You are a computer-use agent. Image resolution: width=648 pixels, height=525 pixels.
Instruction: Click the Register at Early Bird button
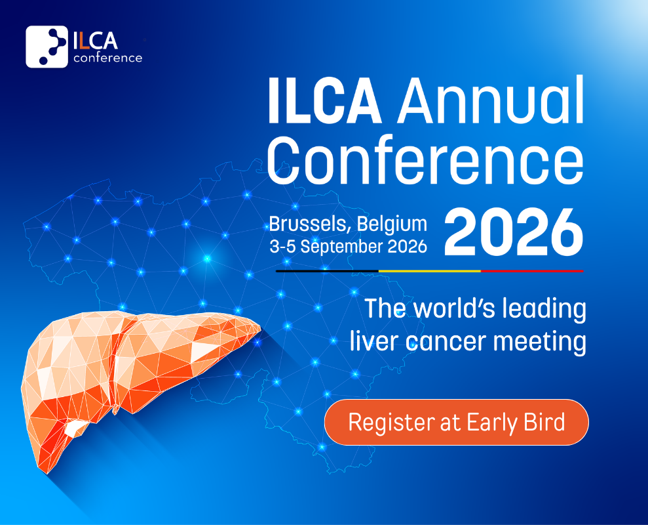[x=456, y=422]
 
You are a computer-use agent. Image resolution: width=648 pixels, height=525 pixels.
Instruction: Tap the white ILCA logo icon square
[x=47, y=47]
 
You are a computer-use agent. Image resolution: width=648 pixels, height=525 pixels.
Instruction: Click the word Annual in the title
[x=491, y=100]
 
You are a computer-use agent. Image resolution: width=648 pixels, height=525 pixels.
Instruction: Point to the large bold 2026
[x=514, y=232]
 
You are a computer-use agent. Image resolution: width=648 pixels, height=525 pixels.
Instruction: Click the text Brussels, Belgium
[x=348, y=224]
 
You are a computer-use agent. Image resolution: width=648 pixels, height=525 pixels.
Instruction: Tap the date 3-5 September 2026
[x=348, y=247]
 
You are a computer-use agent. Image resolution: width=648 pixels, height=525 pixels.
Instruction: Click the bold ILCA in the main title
[x=324, y=100]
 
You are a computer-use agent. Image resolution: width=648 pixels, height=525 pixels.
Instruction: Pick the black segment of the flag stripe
[x=327, y=271]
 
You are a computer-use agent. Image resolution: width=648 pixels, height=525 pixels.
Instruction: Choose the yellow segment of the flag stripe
[x=430, y=271]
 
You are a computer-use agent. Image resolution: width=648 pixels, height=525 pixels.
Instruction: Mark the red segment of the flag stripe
[x=532, y=271]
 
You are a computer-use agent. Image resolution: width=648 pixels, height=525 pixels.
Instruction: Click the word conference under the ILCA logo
[x=108, y=58]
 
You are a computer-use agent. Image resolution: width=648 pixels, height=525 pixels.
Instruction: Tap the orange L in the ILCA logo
[x=85, y=41]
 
